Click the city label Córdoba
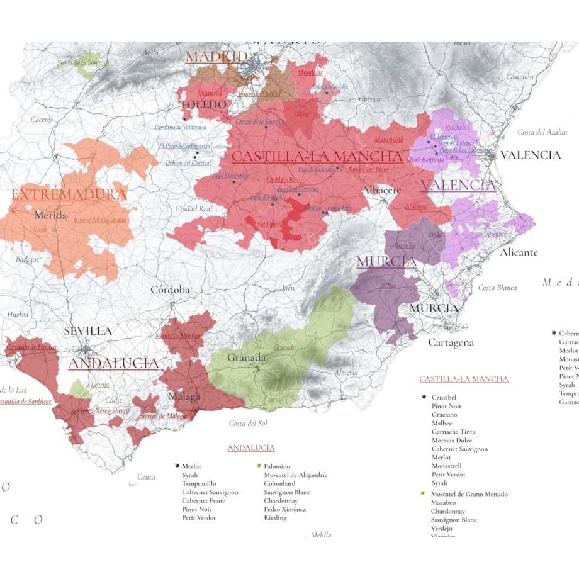click(170, 290)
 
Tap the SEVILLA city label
click(87, 331)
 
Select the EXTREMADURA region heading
click(69, 194)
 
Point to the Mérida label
click(51, 215)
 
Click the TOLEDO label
click(203, 104)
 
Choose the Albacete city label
click(381, 190)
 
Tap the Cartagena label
click(451, 343)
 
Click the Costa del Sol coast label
click(248, 423)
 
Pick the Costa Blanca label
click(497, 288)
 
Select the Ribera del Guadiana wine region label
click(100, 220)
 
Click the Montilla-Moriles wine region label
click(177, 336)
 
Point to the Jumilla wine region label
click(405, 245)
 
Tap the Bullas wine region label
click(388, 286)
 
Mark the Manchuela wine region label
click(388, 140)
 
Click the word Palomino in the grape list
click(277, 466)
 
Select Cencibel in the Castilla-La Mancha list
click(444, 398)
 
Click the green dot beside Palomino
click(259, 466)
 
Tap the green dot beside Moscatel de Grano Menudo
click(423, 494)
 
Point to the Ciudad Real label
click(194, 209)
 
